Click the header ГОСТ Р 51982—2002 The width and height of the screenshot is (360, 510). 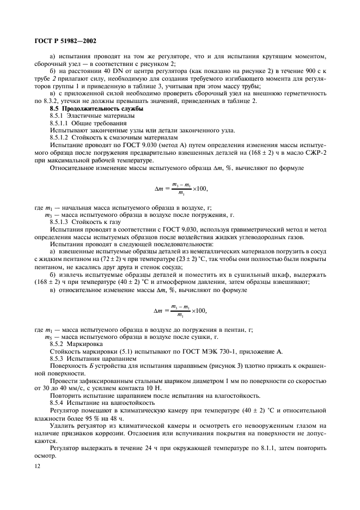pyautogui.click(x=64, y=40)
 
